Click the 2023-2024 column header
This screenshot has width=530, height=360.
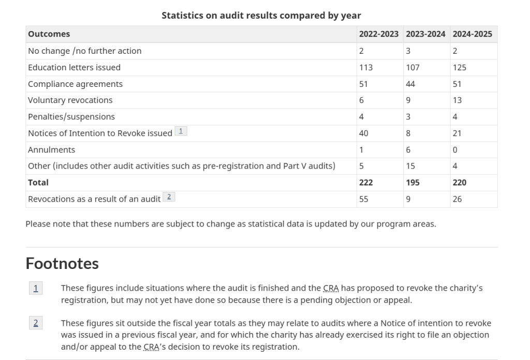[425, 34]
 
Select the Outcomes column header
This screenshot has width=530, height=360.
[49, 34]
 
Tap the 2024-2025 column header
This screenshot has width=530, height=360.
[472, 34]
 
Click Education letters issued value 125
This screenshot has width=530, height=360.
[460, 68]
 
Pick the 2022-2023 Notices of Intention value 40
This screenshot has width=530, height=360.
[363, 133]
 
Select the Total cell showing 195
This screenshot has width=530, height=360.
[413, 183]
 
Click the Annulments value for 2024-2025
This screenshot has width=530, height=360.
[455, 150]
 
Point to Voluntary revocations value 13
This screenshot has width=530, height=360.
[457, 100]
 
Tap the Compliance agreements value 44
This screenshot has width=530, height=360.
[410, 84]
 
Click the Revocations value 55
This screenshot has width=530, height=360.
[363, 199]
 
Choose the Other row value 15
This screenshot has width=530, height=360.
[410, 166]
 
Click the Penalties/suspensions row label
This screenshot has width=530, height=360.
[71, 117]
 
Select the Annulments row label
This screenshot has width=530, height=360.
[51, 150]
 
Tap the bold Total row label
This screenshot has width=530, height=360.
[38, 183]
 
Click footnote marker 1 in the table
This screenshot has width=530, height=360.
[181, 131]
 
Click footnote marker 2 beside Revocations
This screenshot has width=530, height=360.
[169, 197]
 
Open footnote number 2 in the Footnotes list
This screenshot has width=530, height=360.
[36, 323]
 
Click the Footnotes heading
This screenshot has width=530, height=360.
[62, 263]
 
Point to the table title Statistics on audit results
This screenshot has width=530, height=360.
[261, 16]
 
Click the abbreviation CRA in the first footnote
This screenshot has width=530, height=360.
[331, 288]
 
